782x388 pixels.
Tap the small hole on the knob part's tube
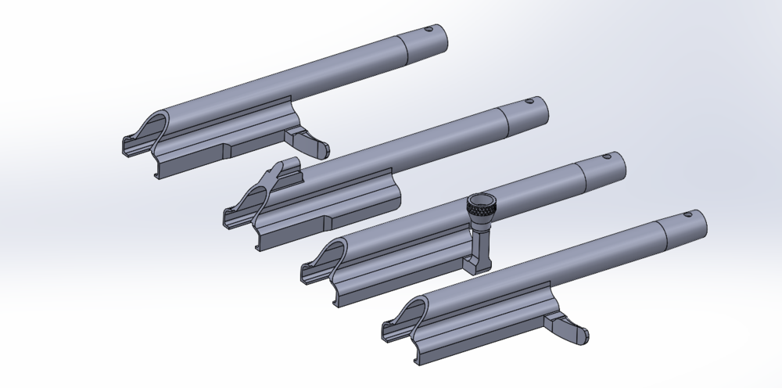pyautogui.click(x=605, y=156)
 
